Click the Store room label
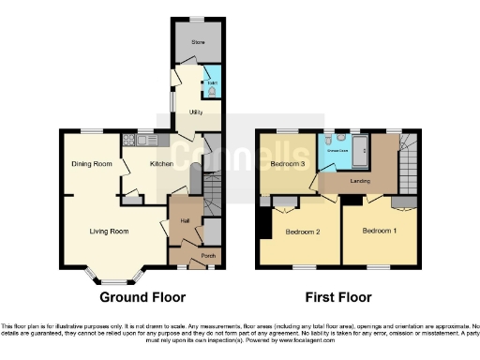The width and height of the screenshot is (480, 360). [198, 42]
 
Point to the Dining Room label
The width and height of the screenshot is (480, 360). [92, 164]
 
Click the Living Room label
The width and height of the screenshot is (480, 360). [109, 230]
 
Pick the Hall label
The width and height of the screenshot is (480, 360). [186, 220]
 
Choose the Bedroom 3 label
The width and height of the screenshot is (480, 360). [288, 164]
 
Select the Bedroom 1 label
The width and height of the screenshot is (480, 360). [381, 230]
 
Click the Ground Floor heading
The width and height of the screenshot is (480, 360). [139, 297]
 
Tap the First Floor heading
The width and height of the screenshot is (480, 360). [337, 297]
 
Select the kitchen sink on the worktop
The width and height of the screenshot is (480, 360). [143, 141]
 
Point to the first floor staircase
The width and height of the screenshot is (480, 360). [408, 159]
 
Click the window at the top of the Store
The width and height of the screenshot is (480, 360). [198, 20]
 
